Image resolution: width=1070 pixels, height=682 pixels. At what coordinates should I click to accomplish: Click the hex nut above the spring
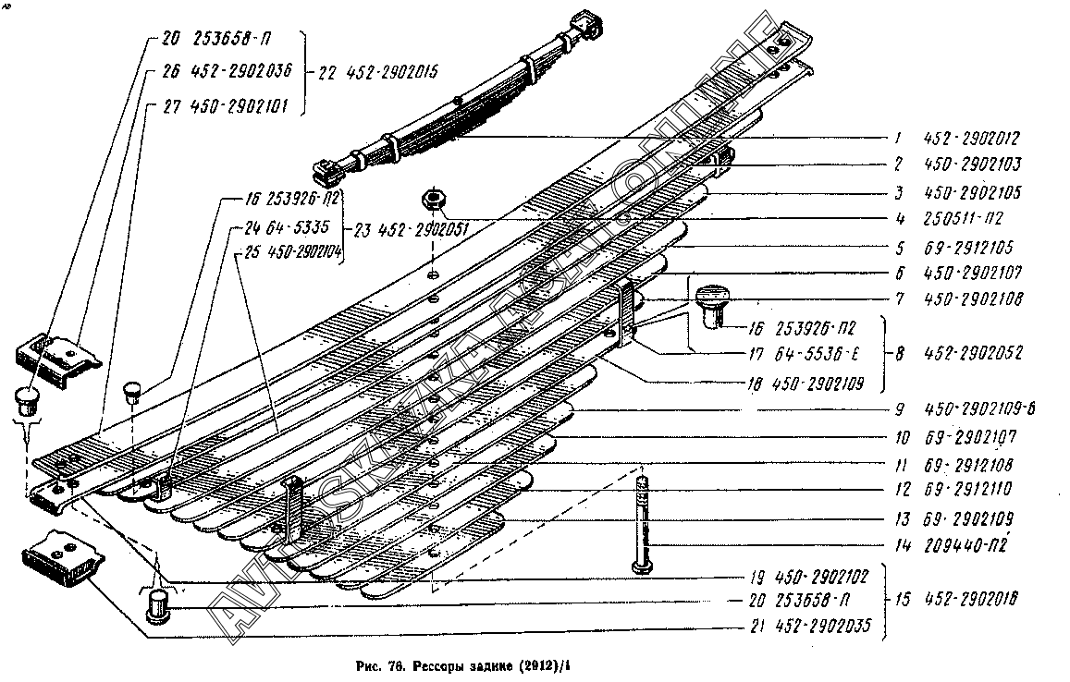433,199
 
